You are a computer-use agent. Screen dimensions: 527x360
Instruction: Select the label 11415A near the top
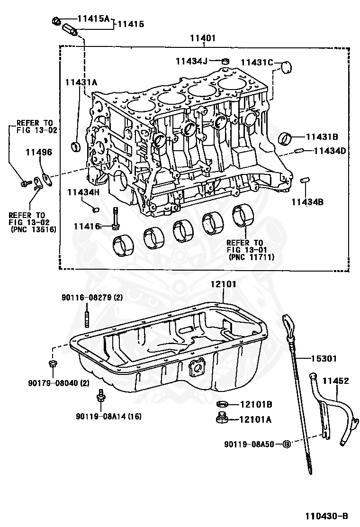93,19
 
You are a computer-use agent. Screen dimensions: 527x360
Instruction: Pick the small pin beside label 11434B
306,180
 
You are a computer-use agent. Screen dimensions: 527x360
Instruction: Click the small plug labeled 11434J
226,60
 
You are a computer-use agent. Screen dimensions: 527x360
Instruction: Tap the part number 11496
39,153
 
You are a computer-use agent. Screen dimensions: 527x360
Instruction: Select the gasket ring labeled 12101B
222,404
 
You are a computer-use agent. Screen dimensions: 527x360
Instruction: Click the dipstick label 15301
324,359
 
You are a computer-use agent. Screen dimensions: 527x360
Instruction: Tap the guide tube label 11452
336,380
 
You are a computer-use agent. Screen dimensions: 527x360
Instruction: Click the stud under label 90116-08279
87,318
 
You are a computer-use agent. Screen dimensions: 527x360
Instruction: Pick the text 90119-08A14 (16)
108,417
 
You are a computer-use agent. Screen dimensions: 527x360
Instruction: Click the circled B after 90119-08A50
286,444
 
